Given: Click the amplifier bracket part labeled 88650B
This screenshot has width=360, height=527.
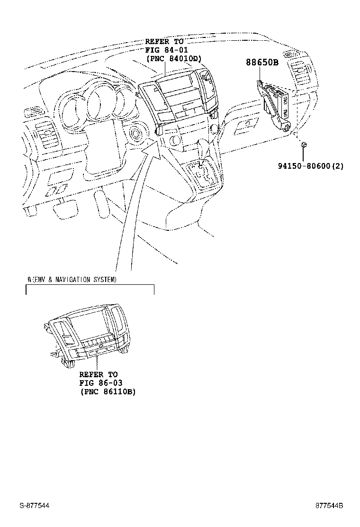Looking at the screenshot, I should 276,104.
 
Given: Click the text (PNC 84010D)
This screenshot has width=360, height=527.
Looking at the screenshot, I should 173,59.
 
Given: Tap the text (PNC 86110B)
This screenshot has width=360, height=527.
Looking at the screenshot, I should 108,391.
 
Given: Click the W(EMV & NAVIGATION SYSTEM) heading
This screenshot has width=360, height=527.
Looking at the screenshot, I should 72,280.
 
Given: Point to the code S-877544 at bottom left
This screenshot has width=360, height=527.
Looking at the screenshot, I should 34,506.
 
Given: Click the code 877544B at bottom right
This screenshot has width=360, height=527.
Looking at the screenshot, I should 330,506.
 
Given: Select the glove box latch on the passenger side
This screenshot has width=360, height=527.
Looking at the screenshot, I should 247,124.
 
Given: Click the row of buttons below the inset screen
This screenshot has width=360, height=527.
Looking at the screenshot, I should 97,344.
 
